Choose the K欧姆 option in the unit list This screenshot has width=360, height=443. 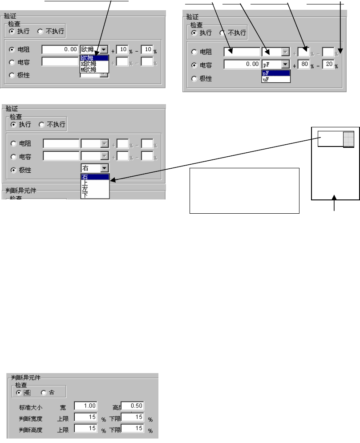[x=91, y=64]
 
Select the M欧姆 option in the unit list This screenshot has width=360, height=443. [x=91, y=69]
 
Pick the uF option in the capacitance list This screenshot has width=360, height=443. [x=266, y=79]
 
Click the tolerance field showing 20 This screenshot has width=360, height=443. [x=328, y=65]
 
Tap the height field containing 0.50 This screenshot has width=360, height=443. [x=132, y=406]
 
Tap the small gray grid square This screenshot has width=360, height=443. [x=348, y=139]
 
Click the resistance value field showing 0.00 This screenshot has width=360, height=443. [x=61, y=50]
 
